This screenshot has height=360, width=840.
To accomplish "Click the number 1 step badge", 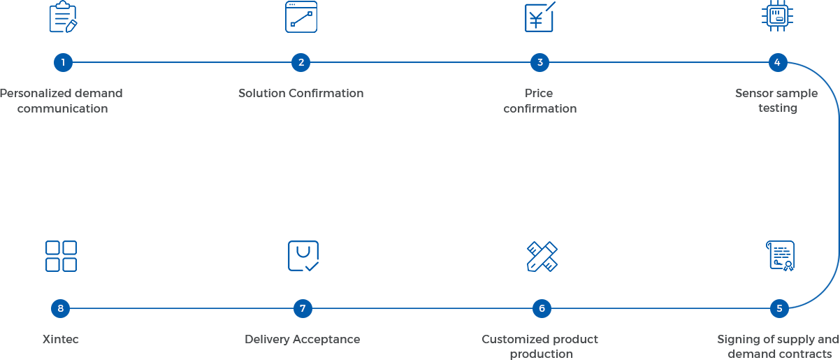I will click(63, 62).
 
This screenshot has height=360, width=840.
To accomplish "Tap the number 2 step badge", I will click(301, 62).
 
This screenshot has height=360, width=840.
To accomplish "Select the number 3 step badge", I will click(540, 62).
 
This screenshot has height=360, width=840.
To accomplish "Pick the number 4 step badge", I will click(777, 62).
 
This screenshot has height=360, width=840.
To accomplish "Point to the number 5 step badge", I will click(779, 308).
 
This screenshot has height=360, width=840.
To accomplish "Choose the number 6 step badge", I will click(542, 308).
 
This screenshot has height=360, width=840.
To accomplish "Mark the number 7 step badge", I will click(303, 308).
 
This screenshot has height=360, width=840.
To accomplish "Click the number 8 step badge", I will click(61, 308).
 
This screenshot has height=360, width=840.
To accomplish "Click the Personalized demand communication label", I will click(61, 101).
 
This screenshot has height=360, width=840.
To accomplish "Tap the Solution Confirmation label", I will click(300, 93).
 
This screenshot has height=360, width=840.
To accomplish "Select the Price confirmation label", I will click(539, 101).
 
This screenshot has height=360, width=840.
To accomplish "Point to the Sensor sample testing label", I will click(776, 101).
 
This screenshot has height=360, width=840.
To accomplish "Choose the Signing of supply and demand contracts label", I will click(779, 347).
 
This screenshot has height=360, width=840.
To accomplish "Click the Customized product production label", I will click(540, 347).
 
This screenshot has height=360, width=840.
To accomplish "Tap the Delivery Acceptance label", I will click(302, 340).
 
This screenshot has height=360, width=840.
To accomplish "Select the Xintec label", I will click(61, 340).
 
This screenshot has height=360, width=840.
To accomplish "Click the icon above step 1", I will click(63, 17).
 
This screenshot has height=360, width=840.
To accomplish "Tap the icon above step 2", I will click(301, 17).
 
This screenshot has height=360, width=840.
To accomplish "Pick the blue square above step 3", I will click(540, 17).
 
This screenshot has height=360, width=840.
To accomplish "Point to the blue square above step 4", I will click(777, 15).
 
